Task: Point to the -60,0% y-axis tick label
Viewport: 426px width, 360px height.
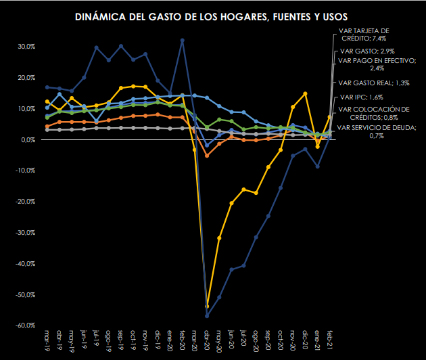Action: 25,325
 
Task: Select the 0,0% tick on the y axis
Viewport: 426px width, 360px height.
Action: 28,139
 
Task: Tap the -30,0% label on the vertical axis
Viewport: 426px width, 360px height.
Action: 25,233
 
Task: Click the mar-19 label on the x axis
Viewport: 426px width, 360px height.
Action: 47,340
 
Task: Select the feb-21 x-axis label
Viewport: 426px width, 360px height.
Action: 330,340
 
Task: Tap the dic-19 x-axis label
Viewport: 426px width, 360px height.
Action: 158,340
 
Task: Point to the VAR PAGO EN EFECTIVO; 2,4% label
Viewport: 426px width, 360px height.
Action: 375,64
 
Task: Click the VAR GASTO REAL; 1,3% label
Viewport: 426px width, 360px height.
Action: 374,83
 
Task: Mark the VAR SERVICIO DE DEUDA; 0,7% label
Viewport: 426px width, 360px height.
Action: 376,131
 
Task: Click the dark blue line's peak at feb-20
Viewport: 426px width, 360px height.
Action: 183,41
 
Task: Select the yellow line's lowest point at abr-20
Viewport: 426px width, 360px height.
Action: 207,307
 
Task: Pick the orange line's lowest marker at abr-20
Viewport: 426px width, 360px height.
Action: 207,155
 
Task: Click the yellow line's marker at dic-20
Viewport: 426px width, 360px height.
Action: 306,93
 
